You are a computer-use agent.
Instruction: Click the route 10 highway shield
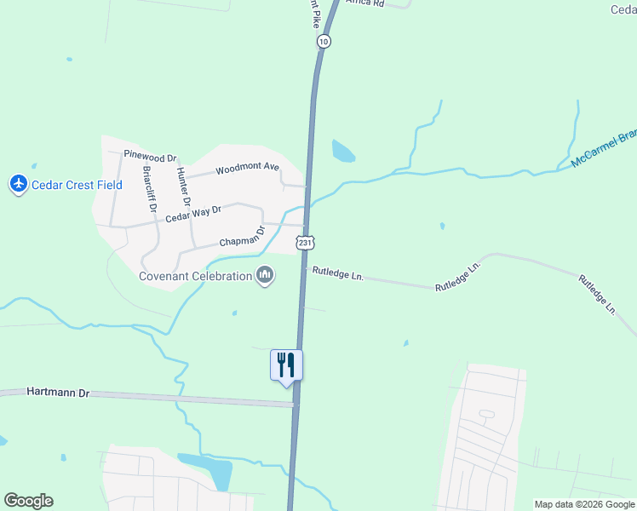click(x=323, y=41)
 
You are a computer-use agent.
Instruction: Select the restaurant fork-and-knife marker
click(x=287, y=365)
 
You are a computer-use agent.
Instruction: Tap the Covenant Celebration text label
click(x=196, y=276)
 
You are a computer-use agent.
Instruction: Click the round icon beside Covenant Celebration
click(x=265, y=276)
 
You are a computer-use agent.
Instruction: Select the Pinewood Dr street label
click(x=150, y=157)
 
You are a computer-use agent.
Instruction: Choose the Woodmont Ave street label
click(x=247, y=169)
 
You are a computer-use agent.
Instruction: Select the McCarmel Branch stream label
click(x=604, y=150)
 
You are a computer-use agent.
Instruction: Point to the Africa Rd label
click(x=367, y=3)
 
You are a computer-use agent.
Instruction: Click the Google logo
click(x=28, y=501)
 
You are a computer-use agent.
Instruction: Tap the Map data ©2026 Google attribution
click(x=585, y=504)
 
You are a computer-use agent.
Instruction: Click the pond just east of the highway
click(x=343, y=151)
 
